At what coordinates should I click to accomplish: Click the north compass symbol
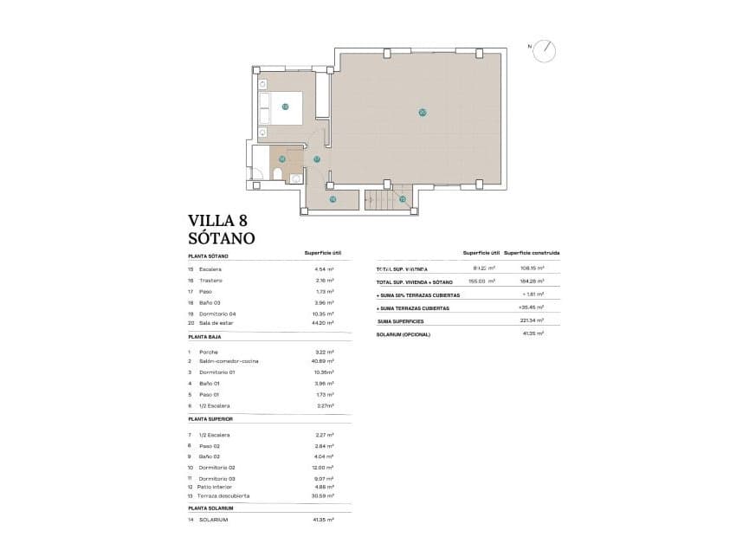click(545, 50)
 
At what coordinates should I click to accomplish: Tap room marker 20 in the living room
click(422, 112)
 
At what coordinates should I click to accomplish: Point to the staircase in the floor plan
click(378, 201)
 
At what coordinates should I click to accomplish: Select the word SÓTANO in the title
click(221, 237)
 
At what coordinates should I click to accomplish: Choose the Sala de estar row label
click(216, 323)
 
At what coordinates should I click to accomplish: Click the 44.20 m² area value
click(322, 323)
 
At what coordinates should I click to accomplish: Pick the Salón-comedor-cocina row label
click(229, 361)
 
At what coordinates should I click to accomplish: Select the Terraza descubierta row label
click(224, 496)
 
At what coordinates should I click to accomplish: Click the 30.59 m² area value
click(322, 496)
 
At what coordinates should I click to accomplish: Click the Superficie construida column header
click(532, 254)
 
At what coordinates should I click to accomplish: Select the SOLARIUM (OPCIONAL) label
click(404, 333)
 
